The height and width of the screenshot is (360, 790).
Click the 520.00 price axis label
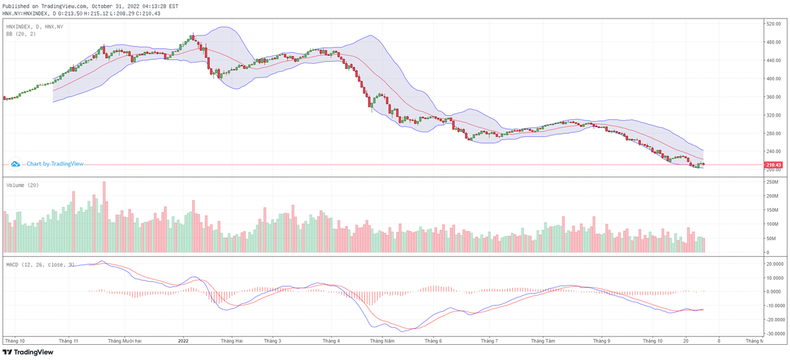[772, 24]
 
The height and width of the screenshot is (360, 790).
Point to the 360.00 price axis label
[772, 97]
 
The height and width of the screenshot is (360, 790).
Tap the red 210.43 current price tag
[773, 165]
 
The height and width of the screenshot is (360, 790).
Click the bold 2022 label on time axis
[184, 341]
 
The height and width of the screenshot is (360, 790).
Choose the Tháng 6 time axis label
[433, 341]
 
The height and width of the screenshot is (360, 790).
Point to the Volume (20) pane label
[22, 186]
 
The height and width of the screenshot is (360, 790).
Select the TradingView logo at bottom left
[30, 352]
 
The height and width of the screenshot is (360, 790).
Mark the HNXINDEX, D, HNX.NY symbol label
[35, 26]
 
